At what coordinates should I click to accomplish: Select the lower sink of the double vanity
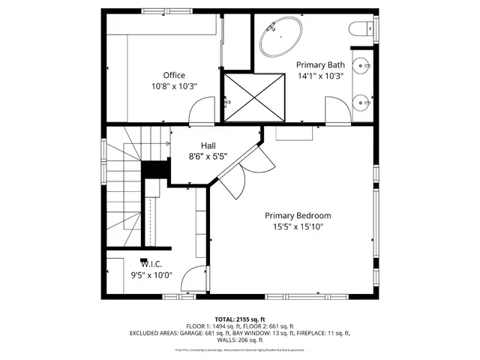(363, 99)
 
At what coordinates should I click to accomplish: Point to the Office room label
(174, 75)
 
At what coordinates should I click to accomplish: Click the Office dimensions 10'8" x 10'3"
(174, 86)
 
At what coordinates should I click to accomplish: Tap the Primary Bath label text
(320, 64)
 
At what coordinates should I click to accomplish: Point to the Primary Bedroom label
(298, 215)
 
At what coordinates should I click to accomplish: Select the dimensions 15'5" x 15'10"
(298, 226)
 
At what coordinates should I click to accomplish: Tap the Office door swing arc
(201, 113)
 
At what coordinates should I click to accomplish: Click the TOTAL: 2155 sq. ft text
(239, 319)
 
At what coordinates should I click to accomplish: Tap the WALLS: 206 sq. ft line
(239, 339)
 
